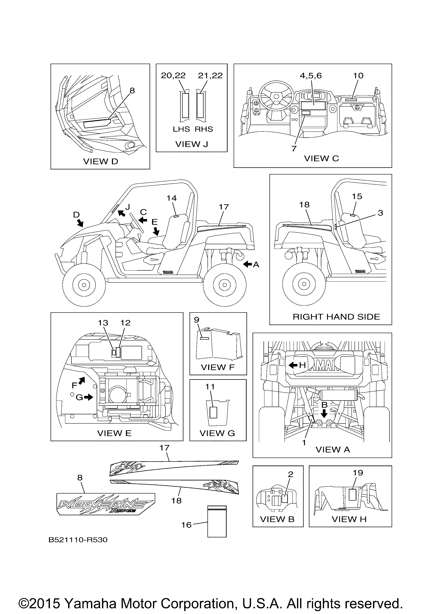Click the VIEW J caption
192,144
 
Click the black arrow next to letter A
247,264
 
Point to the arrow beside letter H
293,365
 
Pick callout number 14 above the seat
172,198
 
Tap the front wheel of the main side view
84,285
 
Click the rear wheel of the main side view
225,285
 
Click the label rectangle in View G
213,412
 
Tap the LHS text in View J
181,129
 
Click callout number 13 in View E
103,323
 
